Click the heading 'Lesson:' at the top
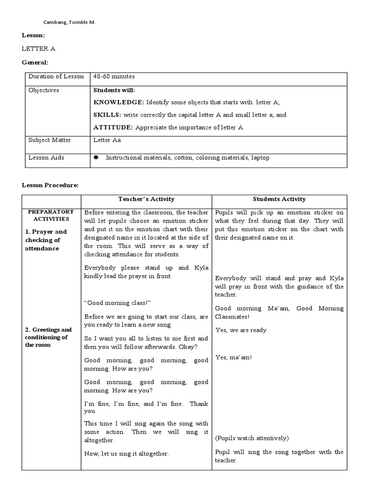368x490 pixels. [34, 35]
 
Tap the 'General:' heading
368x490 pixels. [35, 62]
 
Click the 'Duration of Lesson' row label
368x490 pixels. [56, 77]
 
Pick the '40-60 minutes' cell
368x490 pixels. [114, 77]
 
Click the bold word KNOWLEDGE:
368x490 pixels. [118, 102]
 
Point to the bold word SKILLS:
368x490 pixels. [107, 115]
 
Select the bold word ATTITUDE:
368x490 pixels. [113, 127]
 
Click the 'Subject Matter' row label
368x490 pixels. [50, 140]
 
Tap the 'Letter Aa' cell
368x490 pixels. [106, 140]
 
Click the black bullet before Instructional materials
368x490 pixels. [96, 157]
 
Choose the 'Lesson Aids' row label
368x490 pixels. [46, 157]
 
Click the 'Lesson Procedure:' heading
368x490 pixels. [50, 185]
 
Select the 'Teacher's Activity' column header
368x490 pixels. [146, 199]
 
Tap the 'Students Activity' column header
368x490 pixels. [279, 199]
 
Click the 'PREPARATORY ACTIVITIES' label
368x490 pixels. [51, 215]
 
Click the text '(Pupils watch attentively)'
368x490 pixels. [252, 438]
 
